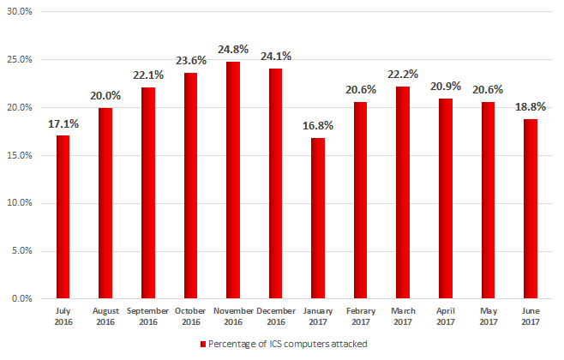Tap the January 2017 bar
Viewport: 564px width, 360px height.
317,218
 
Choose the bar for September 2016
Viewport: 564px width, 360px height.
147,193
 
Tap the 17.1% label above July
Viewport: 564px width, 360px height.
63,123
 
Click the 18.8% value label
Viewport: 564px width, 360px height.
531,108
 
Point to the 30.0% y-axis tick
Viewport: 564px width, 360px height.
19,12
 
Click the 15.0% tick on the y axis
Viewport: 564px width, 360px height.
19,155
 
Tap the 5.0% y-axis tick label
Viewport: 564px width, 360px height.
21,251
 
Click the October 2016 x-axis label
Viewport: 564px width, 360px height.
190,315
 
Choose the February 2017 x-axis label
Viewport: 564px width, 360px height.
360,315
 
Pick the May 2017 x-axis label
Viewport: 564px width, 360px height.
488,315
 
